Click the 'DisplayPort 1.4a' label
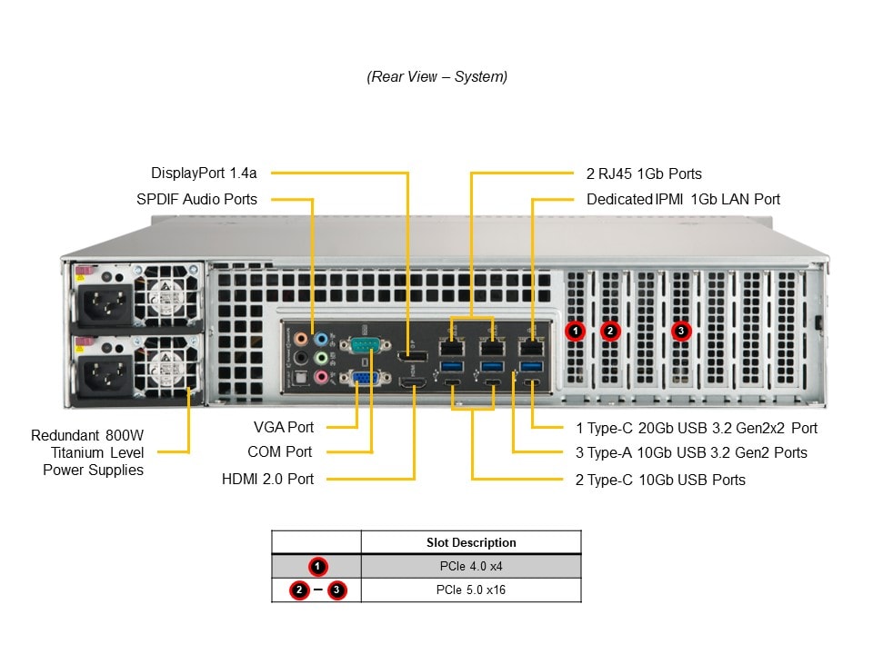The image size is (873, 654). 204,173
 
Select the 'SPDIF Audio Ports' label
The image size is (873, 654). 196,199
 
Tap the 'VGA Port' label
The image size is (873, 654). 284,427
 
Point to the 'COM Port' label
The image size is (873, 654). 279,451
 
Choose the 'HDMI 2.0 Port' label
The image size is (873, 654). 267,479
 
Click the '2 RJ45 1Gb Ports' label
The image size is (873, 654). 644,173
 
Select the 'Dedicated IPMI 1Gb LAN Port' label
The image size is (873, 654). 683,199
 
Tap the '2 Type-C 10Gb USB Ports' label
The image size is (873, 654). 659,480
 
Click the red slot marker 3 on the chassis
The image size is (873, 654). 681,331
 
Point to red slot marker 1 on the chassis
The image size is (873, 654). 575,331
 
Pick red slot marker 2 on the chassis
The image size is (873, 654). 610,331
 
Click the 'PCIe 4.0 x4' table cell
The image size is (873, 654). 470,566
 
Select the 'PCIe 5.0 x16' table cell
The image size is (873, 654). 470,590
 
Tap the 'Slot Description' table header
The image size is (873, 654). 470,542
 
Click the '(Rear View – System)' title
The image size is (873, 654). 436,77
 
